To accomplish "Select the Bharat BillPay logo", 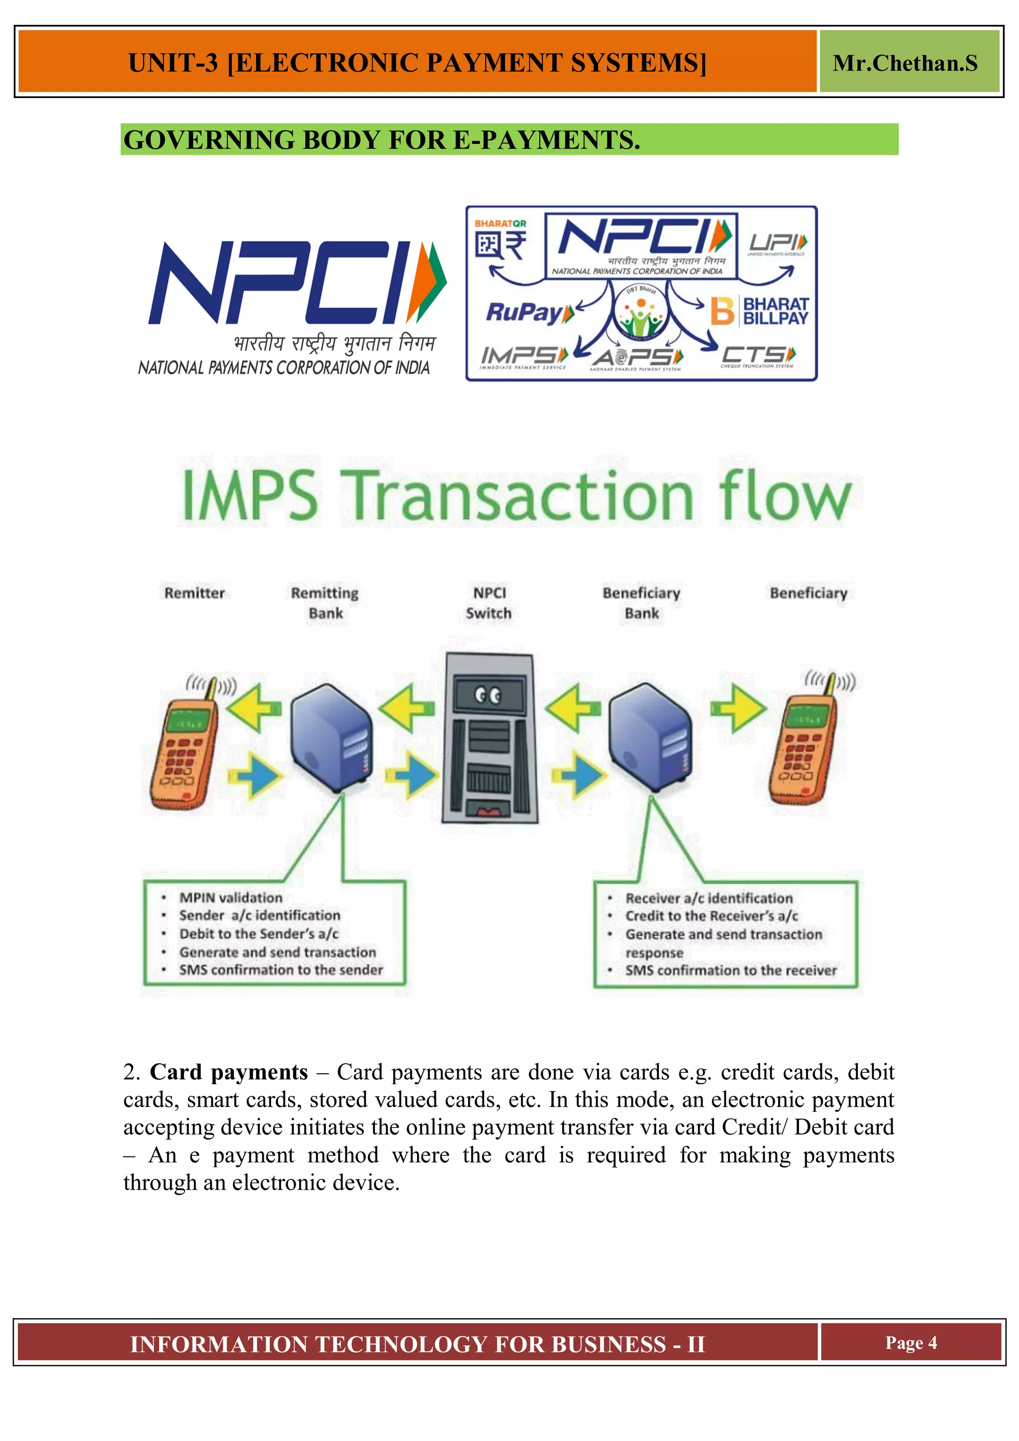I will pos(760,310).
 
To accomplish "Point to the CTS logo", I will pos(758,356).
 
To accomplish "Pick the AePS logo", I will pos(636,358).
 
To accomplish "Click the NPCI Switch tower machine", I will pos(490,737).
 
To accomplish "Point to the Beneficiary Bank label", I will pos(641,603).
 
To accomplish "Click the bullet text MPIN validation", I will pos(230,898).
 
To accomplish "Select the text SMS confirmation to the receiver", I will pos(730,970).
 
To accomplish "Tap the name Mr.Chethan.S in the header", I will pos(904,63).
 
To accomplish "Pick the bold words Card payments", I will pos(228,1072).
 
